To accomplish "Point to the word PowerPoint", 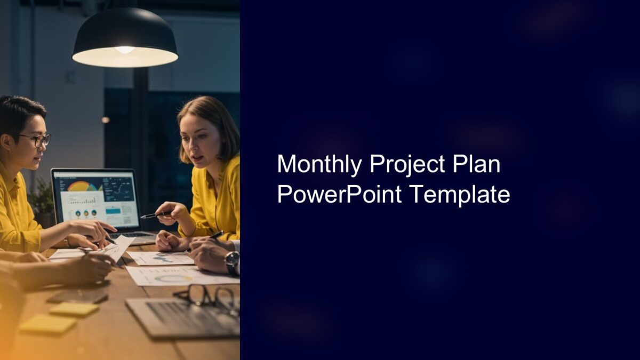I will [x=339, y=195].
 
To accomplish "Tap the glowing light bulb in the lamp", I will [x=125, y=50].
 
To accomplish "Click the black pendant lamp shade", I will [x=125, y=29].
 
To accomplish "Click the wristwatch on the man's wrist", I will [x=231, y=261].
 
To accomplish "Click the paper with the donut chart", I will [x=173, y=277].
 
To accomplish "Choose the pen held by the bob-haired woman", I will [x=157, y=215].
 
